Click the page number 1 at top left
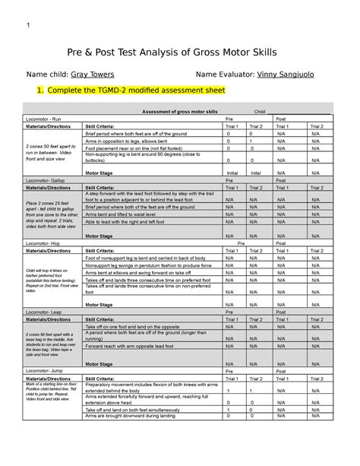tap(28, 21)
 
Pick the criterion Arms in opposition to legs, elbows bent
tap(131, 140)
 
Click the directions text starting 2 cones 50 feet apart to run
tap(52, 150)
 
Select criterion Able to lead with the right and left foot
tap(134, 222)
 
